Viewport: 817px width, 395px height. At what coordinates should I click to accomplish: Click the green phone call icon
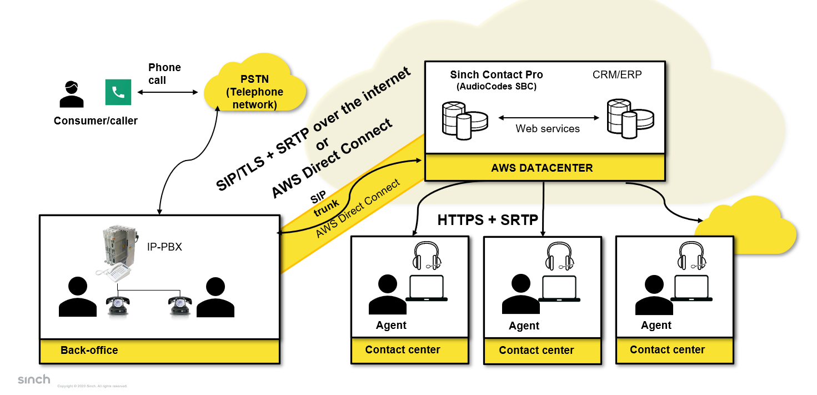click(118, 92)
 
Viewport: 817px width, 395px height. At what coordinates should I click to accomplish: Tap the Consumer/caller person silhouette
click(72, 94)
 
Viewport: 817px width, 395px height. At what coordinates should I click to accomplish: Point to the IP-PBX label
click(165, 246)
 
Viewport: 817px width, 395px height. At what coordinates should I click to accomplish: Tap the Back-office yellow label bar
click(159, 351)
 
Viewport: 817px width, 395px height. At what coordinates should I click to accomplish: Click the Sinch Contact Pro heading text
click(496, 74)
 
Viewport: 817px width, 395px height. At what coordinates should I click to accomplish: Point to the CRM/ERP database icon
click(630, 118)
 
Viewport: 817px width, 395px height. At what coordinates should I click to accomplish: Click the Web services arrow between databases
click(548, 118)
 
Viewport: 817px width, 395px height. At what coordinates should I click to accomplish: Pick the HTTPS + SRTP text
click(488, 220)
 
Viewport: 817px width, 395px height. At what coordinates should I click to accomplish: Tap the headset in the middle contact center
click(557, 256)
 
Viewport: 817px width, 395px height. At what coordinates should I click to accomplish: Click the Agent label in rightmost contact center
click(656, 326)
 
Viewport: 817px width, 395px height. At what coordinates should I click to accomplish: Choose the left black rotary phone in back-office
click(118, 304)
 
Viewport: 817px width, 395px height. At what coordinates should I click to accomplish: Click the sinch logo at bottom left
click(34, 380)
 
